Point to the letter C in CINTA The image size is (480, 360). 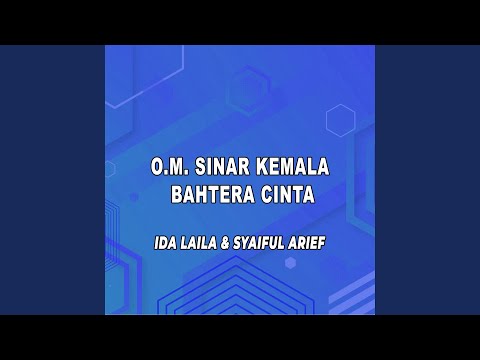click(x=262, y=195)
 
